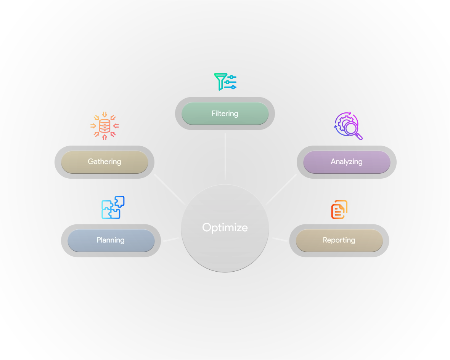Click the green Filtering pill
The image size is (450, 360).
[225, 114]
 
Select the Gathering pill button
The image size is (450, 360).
[104, 162]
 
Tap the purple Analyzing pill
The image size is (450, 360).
[346, 162]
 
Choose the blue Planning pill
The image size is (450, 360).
[111, 240]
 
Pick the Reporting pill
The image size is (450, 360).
[339, 240]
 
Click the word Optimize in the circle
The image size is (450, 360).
[225, 227]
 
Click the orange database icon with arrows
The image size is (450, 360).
[104, 126]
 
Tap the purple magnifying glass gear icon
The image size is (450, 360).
[347, 126]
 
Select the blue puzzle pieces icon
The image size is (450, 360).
[113, 207]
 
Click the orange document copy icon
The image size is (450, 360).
[339, 210]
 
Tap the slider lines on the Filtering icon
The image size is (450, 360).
[231, 82]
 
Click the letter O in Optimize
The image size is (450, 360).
[207, 227]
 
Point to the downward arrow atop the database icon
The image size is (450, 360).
[104, 114]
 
